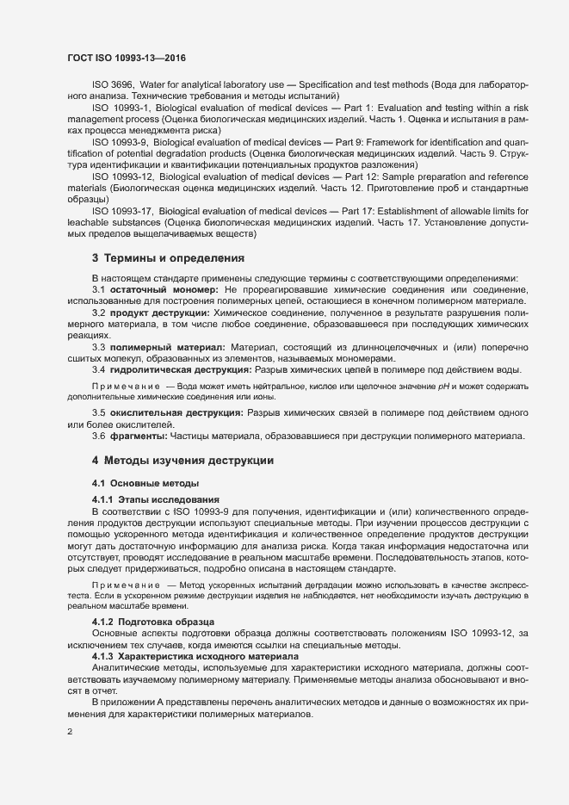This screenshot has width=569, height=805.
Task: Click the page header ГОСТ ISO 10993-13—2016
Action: pos(126,59)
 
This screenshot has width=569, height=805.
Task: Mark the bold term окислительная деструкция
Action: pos(176,413)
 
